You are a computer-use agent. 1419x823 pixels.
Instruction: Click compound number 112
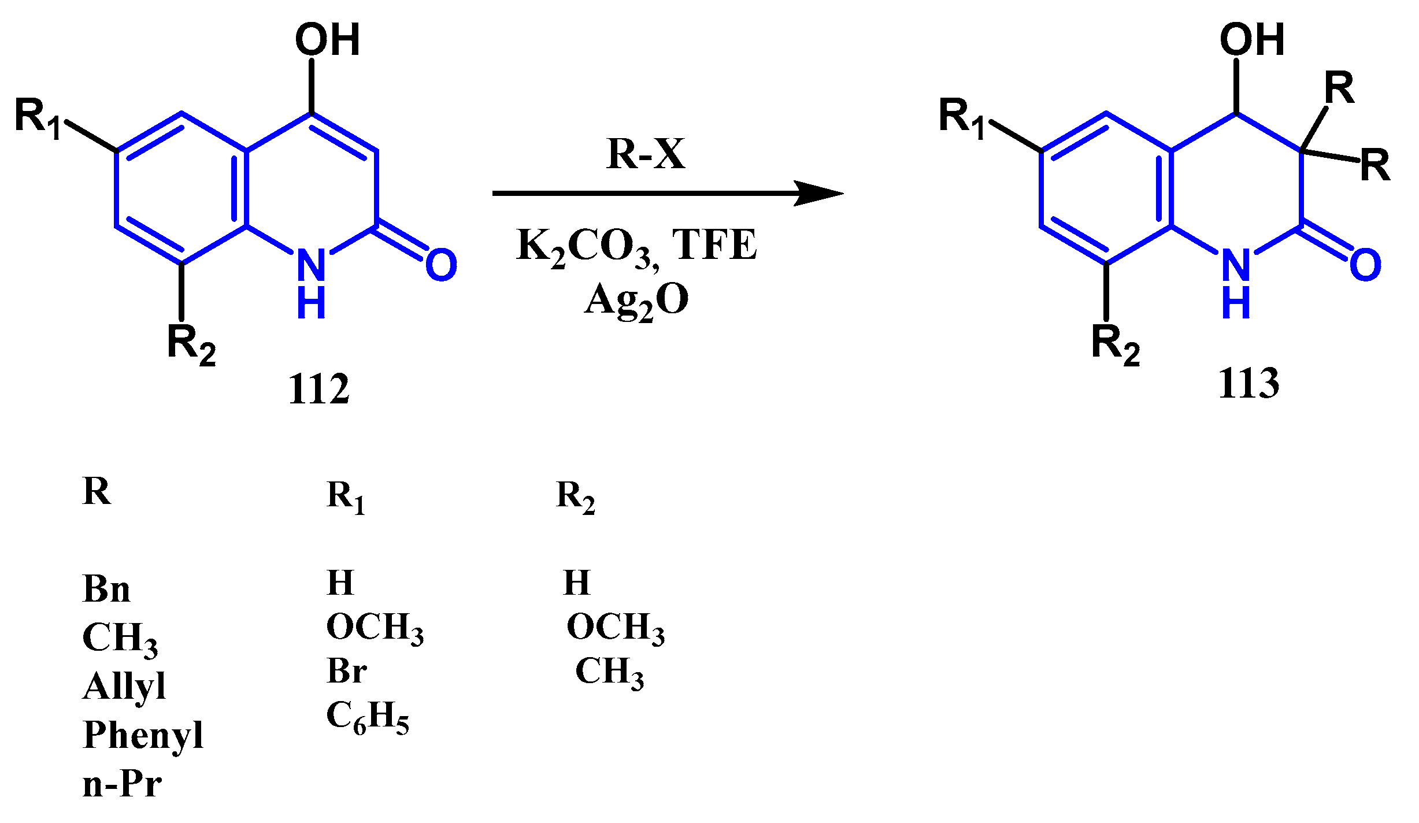point(318,388)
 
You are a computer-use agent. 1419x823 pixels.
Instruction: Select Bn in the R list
point(106,589)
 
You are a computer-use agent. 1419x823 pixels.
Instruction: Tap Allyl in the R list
point(124,686)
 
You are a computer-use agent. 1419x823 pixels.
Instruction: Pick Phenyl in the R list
point(143,735)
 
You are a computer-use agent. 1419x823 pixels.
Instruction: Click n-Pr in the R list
point(122,784)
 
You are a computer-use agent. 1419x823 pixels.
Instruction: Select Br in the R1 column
point(346,671)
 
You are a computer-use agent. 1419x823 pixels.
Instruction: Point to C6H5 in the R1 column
point(368,717)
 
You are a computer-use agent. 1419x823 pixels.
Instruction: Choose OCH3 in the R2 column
point(615,628)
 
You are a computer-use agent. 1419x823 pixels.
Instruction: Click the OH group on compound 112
point(327,40)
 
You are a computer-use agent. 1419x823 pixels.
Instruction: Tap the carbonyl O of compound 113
point(1365,265)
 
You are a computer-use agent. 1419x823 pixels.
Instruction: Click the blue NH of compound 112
point(311,283)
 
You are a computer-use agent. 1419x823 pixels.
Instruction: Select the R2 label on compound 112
point(191,344)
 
